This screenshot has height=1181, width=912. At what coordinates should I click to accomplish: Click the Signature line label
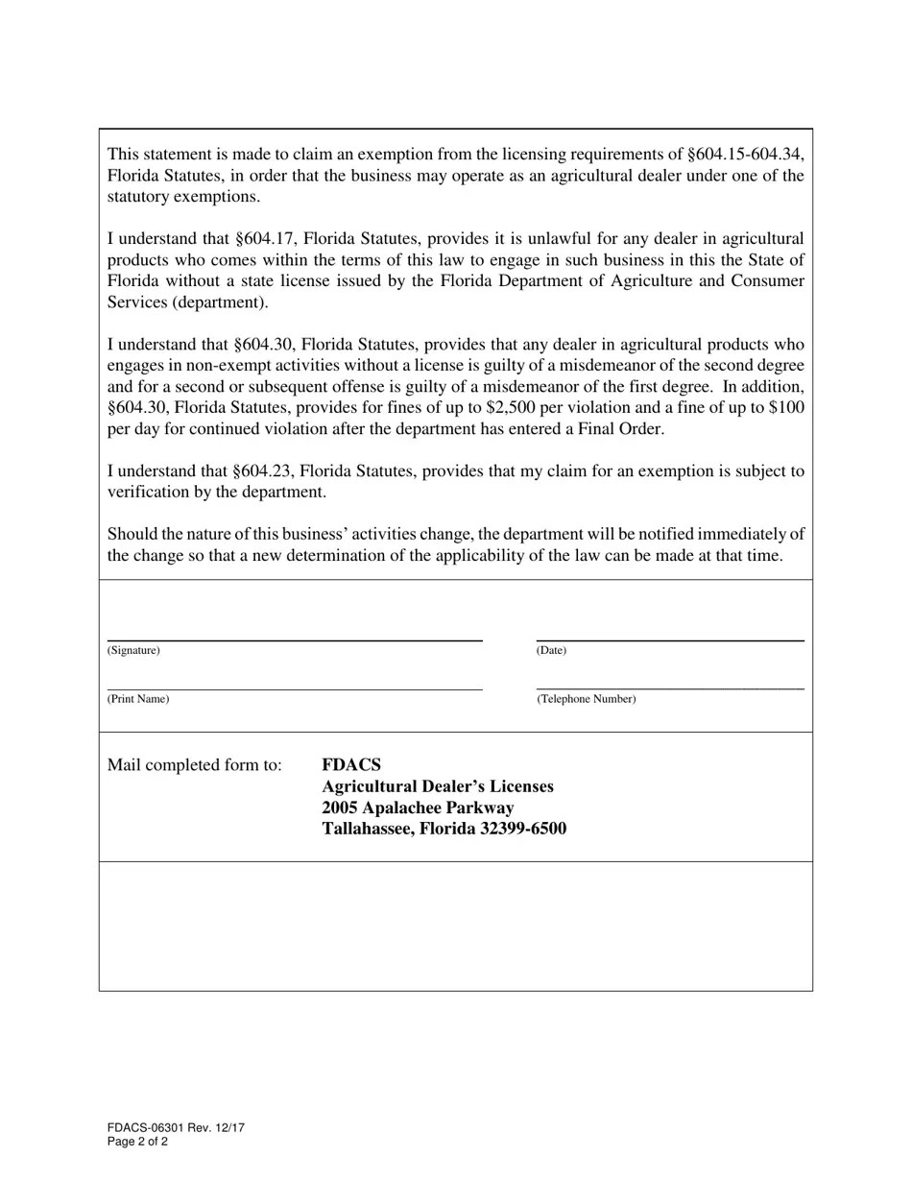(133, 651)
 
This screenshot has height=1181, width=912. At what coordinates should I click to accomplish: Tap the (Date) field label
(551, 651)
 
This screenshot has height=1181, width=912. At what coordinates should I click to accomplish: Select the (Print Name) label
(138, 699)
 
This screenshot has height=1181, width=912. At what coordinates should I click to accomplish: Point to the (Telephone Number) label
(586, 699)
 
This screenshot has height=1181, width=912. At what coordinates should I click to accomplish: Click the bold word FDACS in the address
(351, 765)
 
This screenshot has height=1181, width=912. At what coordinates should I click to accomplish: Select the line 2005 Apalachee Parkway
(418, 807)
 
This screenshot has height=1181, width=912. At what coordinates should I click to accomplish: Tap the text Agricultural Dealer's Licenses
(438, 786)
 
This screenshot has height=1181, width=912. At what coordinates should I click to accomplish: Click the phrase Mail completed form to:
(195, 765)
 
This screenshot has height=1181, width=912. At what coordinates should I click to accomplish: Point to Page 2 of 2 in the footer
(138, 1143)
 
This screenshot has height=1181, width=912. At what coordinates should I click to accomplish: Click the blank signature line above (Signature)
(295, 639)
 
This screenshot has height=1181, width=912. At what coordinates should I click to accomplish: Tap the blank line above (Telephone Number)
(670, 688)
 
